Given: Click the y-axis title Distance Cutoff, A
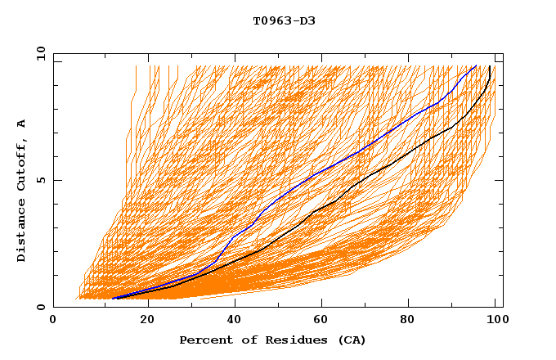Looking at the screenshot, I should coord(21,190).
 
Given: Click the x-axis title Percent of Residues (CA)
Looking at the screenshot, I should coord(272,340).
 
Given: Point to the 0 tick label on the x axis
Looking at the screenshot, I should coord(53,320).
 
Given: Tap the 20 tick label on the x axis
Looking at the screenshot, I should coord(142,320).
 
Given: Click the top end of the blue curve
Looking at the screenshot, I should coord(476,65).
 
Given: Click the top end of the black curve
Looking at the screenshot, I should coord(489,65).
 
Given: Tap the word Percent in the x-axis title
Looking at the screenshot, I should coord(203,340).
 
